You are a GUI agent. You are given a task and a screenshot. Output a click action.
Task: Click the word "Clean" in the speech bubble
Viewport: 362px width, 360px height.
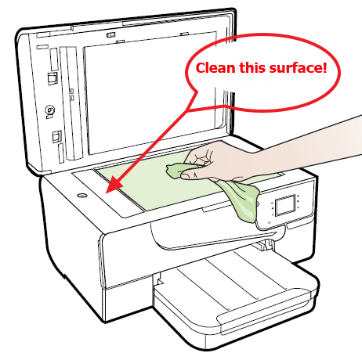tap(217, 68)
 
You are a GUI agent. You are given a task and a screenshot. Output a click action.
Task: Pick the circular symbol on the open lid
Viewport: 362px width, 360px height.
tap(50, 111)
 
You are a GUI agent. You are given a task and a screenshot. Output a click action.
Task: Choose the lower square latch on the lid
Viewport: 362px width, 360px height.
tap(56, 138)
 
